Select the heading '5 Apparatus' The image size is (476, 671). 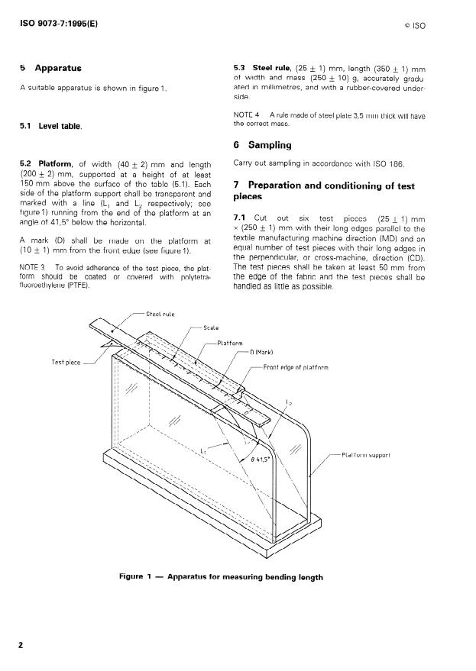(50, 68)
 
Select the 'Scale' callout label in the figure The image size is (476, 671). (212, 327)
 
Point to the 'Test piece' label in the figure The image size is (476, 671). (66, 362)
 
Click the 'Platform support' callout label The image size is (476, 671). (368, 455)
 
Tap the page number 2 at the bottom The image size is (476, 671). (21, 645)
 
